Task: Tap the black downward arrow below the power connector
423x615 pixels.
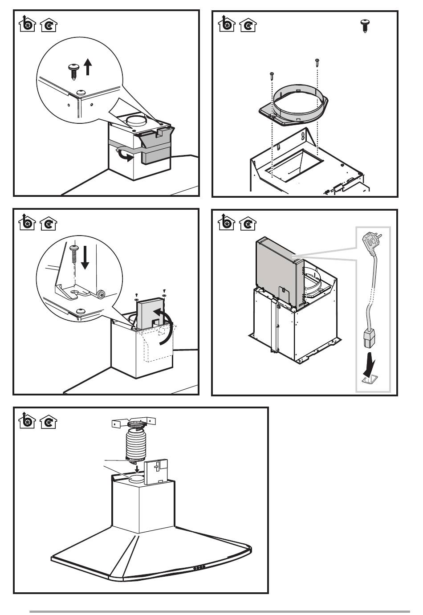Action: [367, 361]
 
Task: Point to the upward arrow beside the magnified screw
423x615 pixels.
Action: [88, 67]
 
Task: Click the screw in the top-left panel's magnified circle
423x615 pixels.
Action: [72, 70]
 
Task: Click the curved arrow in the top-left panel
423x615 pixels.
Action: [125, 155]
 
